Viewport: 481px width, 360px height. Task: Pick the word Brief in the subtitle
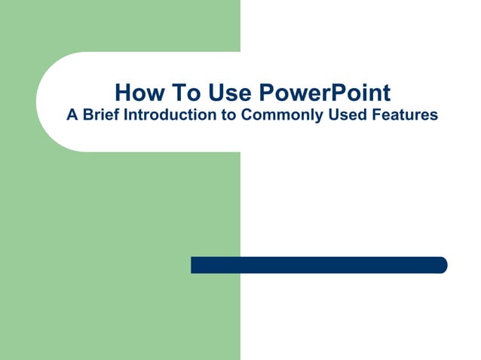[100, 115]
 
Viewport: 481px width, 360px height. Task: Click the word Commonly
[281, 115]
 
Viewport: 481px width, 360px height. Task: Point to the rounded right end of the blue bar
[443, 265]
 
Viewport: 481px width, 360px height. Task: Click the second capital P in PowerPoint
[334, 93]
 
